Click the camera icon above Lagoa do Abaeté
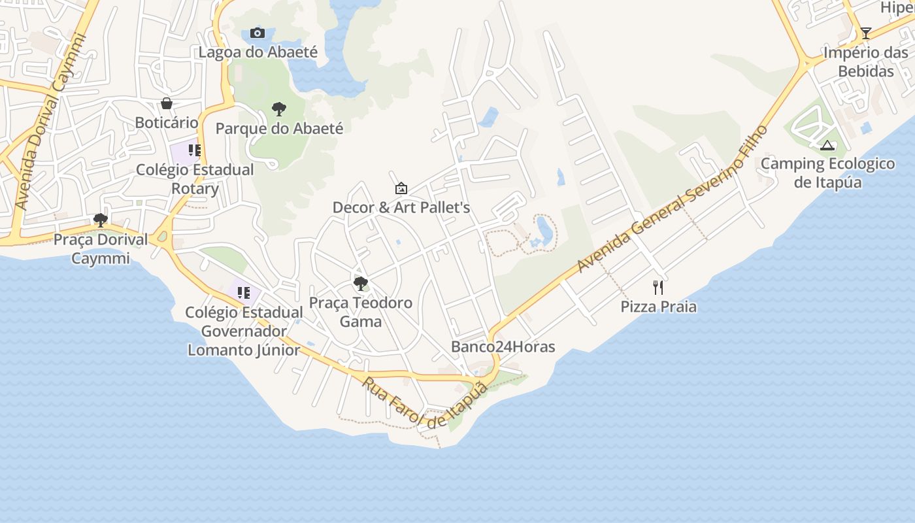[x=258, y=33]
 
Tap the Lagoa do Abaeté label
[x=258, y=52]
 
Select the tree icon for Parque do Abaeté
[x=279, y=109]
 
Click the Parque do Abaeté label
[x=279, y=128]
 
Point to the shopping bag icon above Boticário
[x=167, y=103]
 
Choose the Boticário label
[x=167, y=122]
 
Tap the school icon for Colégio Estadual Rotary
[x=194, y=150]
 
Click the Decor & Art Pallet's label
[x=401, y=207]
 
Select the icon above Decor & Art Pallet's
[x=401, y=188]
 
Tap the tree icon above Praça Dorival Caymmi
[x=100, y=220]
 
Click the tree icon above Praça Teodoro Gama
[x=360, y=284]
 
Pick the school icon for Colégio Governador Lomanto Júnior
[x=244, y=293]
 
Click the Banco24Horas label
[x=503, y=346]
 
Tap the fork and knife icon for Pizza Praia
[x=658, y=287]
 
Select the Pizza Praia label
[x=658, y=307]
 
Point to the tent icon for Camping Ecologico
[x=827, y=145]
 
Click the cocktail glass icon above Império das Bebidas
[x=865, y=33]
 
